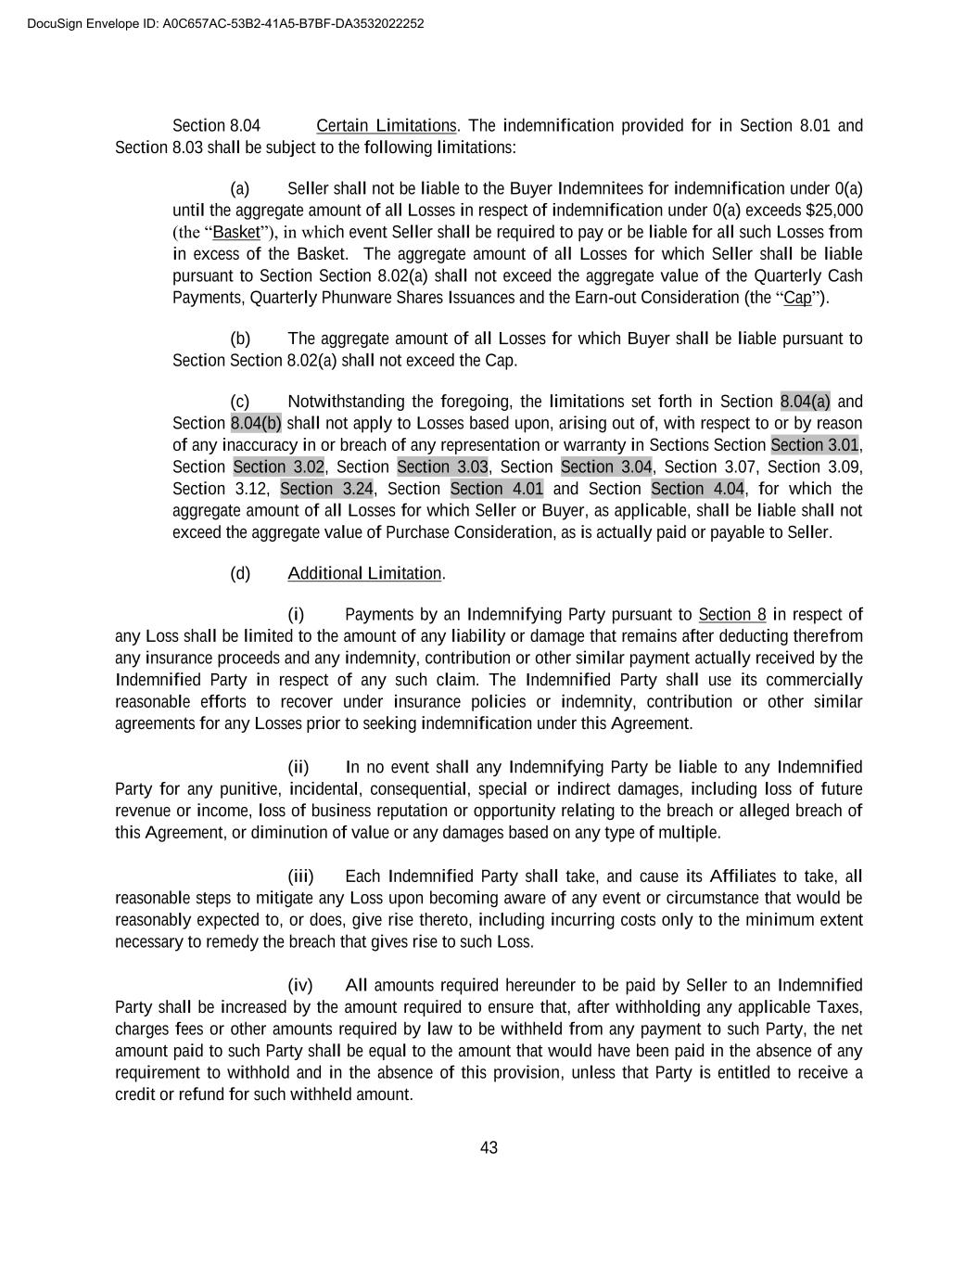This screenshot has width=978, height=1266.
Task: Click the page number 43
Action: (x=489, y=1148)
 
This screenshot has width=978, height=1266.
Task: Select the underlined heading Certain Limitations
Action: (x=387, y=125)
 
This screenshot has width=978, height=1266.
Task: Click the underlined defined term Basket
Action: (x=236, y=232)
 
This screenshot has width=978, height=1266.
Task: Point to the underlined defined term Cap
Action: (x=797, y=298)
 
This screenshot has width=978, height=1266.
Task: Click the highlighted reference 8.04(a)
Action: (x=806, y=402)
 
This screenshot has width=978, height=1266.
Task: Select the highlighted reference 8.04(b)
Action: (x=256, y=423)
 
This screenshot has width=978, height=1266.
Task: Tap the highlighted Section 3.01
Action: (x=815, y=445)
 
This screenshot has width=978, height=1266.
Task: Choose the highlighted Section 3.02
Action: (x=278, y=467)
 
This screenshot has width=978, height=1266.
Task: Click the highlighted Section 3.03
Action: (x=442, y=467)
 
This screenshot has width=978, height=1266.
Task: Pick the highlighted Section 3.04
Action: (x=606, y=467)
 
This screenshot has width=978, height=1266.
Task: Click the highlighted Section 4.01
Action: (x=497, y=489)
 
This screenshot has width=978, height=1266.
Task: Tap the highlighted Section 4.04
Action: (x=697, y=489)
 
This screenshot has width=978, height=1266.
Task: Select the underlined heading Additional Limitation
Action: (x=364, y=573)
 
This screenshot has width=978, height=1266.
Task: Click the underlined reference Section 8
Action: (x=732, y=614)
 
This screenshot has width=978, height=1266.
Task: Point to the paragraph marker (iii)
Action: (x=300, y=876)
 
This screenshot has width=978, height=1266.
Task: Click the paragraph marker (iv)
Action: (x=300, y=985)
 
